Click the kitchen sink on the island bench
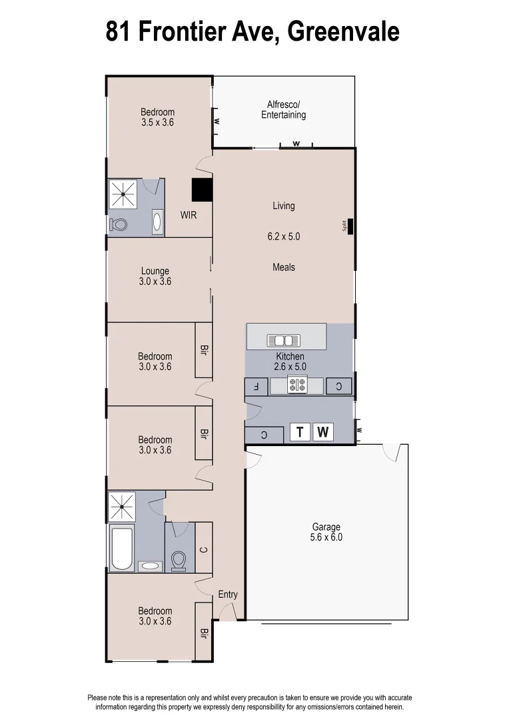[283, 340]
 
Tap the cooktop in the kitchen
[296, 385]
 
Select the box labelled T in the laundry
[300, 433]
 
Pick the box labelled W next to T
[323, 433]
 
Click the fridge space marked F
[256, 386]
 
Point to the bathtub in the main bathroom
[121, 549]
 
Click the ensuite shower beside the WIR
[123, 194]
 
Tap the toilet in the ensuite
[120, 225]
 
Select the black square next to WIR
[202, 190]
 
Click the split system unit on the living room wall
[350, 226]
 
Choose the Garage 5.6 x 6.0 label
[326, 533]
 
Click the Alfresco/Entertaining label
[283, 110]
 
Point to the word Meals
[283, 267]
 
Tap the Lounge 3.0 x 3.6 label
[155, 276]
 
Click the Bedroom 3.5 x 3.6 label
[157, 117]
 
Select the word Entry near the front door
[228, 595]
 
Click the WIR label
[188, 216]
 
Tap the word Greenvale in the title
[342, 31]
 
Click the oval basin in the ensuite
[157, 221]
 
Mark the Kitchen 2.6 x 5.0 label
[290, 361]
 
